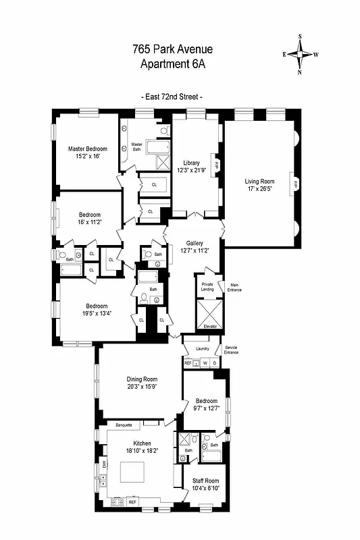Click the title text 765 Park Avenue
click(172, 50)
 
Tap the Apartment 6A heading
click(172, 64)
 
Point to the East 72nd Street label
click(172, 97)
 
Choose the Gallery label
click(195, 242)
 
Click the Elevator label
click(209, 326)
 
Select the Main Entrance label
click(234, 287)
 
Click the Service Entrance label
click(231, 350)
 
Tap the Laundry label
click(203, 349)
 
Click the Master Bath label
click(136, 146)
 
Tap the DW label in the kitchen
click(104, 463)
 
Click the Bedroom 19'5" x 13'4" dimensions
click(93, 313)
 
